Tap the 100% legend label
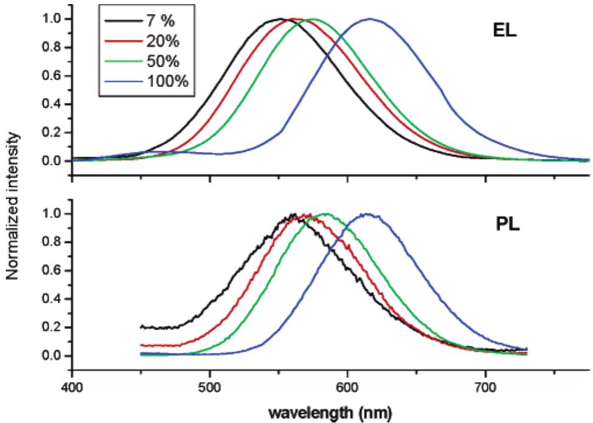[x=168, y=81]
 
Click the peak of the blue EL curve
[x=369, y=19]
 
